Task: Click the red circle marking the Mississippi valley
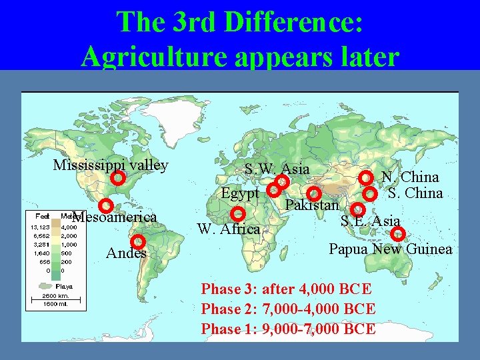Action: (x=117, y=178)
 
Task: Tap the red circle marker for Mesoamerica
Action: (x=105, y=206)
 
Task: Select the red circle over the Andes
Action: (x=138, y=241)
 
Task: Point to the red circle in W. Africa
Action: (x=237, y=214)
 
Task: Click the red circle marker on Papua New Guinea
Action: (x=397, y=233)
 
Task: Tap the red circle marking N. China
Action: (x=365, y=177)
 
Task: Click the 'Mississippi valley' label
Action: (x=111, y=165)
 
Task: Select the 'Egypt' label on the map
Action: (x=240, y=193)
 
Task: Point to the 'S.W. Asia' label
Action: (x=277, y=169)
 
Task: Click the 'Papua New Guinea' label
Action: (x=391, y=249)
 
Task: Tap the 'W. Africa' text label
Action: (x=229, y=229)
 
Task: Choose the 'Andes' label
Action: (x=126, y=253)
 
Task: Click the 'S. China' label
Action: (x=415, y=193)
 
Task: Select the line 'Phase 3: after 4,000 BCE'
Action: (x=287, y=289)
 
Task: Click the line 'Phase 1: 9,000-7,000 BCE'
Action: (x=288, y=329)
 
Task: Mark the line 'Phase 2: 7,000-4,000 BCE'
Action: (x=288, y=309)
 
